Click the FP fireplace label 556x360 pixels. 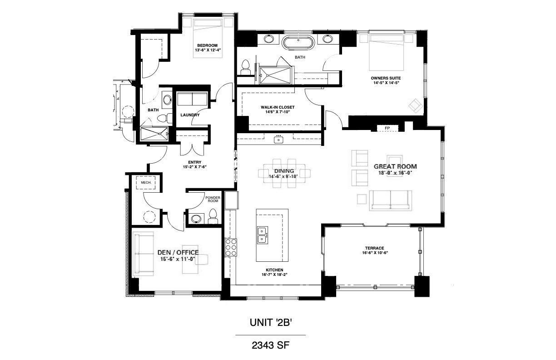point(387,128)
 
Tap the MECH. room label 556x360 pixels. point(146,183)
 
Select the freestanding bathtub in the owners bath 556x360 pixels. point(298,43)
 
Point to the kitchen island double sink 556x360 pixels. point(262,235)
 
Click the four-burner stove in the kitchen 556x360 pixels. point(231,247)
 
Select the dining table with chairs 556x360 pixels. point(284,173)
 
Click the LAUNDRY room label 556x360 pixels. point(190,115)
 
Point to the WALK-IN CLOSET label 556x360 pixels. point(278,107)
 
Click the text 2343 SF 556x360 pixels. point(271,345)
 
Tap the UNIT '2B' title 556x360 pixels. point(271,323)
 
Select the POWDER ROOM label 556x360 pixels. point(213,200)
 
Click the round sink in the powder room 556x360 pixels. point(196,219)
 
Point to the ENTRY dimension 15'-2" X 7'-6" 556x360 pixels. point(194,167)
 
